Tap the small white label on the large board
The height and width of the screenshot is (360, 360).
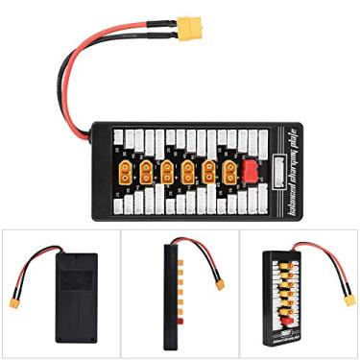point(279,178)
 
